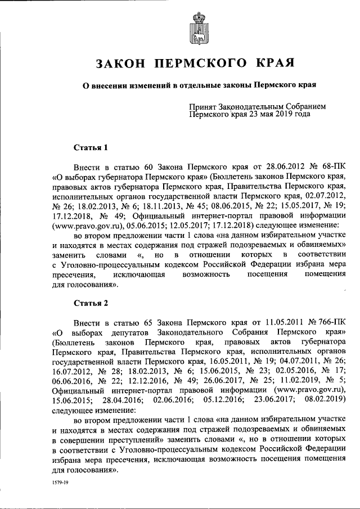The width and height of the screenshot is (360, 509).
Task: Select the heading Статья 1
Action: (x=90, y=148)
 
